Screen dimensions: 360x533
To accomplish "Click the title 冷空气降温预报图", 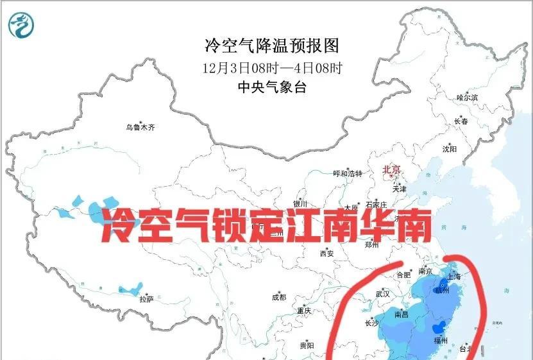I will click(x=271, y=46).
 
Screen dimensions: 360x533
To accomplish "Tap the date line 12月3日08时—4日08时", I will click(x=271, y=67).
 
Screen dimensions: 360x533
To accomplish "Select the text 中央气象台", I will click(x=271, y=87).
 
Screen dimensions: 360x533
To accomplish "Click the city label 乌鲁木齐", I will click(x=140, y=127).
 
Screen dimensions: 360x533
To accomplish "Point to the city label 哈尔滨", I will click(x=467, y=98).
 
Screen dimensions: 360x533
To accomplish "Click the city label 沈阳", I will click(x=449, y=149).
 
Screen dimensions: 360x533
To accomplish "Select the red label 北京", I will click(x=391, y=169).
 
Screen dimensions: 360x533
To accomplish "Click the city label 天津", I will click(x=400, y=189).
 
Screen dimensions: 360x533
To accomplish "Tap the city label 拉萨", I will click(x=146, y=298).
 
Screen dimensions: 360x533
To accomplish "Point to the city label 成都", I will click(x=278, y=297).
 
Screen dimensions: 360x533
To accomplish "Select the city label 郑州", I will click(x=372, y=244).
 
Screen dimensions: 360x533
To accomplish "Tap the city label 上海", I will click(x=455, y=277).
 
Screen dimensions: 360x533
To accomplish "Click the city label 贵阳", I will click(x=306, y=345).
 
